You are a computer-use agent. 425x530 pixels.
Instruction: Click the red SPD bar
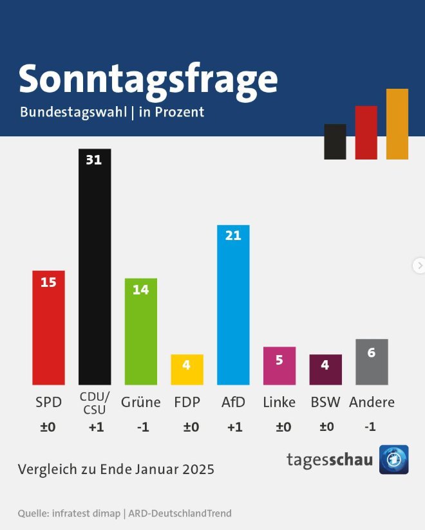point(48,328)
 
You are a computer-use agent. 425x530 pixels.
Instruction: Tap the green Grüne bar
point(140,332)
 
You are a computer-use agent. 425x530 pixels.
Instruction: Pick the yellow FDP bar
point(187,370)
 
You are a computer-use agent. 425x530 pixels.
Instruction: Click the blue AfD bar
point(233,306)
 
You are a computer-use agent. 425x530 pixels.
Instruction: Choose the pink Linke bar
point(279,366)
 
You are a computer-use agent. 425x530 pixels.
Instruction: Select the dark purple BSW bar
point(325,370)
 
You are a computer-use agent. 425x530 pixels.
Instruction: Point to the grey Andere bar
point(372,362)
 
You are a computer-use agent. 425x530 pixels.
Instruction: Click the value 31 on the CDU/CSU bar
point(94,160)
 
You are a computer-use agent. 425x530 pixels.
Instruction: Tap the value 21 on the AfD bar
point(233,235)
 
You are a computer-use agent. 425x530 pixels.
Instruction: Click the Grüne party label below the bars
point(140,403)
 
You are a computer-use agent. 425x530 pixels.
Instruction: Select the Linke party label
point(279,403)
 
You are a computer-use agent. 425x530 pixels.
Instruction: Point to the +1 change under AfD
point(234,427)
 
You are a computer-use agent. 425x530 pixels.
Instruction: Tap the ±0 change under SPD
point(48,427)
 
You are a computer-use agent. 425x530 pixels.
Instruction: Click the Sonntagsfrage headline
point(148,78)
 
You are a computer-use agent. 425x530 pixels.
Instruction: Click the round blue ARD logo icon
point(393,459)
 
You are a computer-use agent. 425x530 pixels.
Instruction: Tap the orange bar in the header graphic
point(397,123)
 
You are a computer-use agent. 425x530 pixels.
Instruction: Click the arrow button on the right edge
point(419,265)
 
